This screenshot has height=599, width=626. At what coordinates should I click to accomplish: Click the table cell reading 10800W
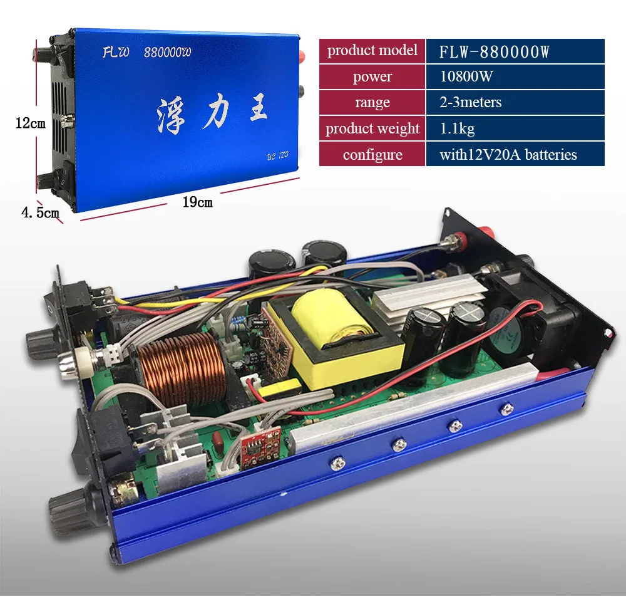[515, 76]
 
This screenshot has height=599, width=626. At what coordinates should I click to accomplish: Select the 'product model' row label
[372, 51]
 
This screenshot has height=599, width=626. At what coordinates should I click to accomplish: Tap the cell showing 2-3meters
[515, 102]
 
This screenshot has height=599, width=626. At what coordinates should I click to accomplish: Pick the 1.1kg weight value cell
[515, 128]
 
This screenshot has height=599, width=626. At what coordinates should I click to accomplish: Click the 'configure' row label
[372, 154]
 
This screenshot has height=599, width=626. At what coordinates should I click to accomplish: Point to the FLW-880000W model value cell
[515, 51]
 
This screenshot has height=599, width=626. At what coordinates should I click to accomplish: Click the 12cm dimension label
[30, 123]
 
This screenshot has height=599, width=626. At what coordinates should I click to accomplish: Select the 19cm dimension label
[197, 202]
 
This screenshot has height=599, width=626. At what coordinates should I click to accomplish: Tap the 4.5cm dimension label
[40, 212]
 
